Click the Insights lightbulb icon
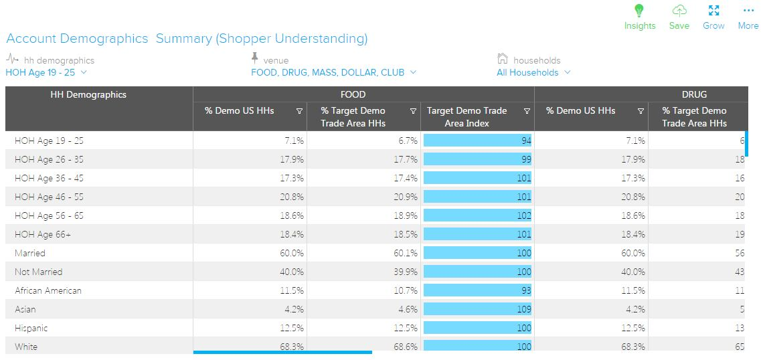639,11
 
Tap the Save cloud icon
679,11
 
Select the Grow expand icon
713,11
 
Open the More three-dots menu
748,11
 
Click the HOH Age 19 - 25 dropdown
46,72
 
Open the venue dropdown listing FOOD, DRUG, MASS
333,72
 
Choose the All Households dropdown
533,72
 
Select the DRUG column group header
694,94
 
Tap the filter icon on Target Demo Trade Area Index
527,111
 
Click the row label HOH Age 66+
43,234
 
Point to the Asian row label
25,309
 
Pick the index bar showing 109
478,309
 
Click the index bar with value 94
478,141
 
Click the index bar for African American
478,290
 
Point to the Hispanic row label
31,328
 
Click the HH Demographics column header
88,95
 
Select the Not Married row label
38,272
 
